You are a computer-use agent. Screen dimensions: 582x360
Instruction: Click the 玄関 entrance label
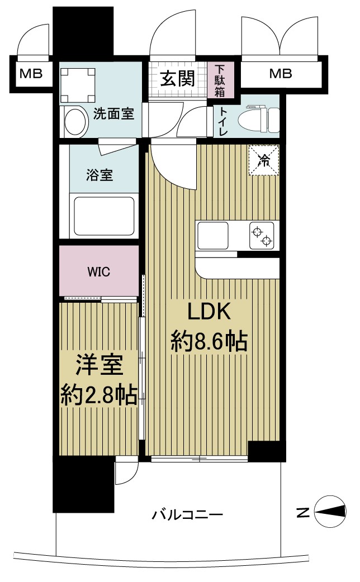pos(178,79)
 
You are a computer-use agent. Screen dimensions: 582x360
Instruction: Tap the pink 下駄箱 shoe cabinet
pos(219,81)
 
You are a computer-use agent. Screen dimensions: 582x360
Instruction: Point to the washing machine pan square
pos(78,84)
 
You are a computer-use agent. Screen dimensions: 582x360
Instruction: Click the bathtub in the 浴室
pos(105,217)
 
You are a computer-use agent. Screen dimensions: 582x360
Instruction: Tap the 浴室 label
pos(100,175)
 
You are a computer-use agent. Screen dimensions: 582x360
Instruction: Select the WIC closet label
pos(98,272)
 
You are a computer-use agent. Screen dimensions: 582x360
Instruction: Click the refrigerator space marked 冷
pos(263,160)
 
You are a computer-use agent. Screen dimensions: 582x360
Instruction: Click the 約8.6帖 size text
pos(209,341)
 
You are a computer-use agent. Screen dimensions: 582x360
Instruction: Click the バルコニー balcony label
pos(188,514)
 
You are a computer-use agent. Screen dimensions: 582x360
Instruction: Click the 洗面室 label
pos(113,115)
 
